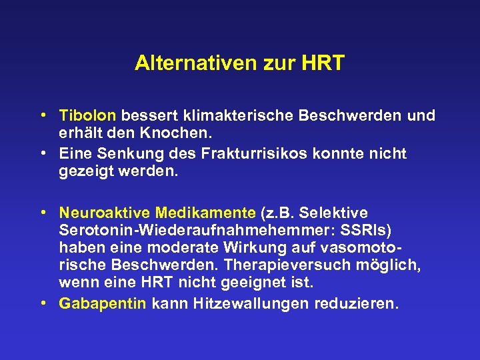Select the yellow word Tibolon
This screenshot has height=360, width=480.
(x=87, y=116)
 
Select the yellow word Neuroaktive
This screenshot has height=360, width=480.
(x=105, y=213)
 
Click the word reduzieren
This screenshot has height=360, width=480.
(x=359, y=304)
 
